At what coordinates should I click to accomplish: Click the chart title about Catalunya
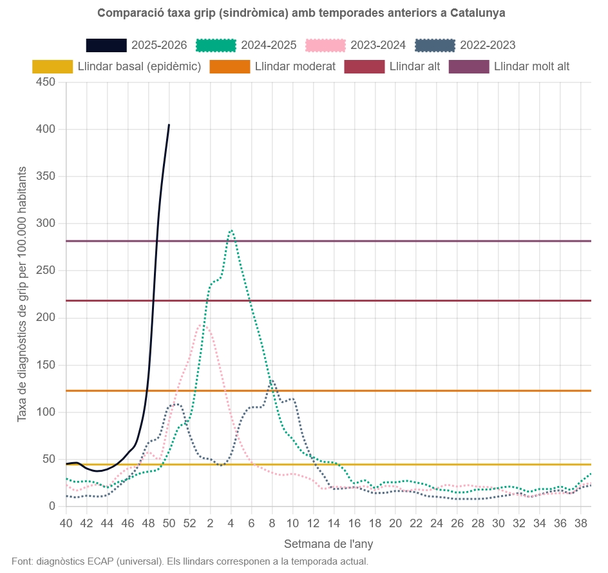[x=301, y=13]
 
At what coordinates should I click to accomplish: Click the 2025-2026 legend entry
[x=137, y=45]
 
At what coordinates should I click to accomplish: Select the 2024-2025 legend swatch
[x=216, y=45]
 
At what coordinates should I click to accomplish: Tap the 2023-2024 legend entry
[x=356, y=45]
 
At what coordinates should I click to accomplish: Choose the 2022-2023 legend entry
[x=466, y=45]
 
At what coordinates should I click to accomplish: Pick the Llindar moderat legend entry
[x=272, y=66]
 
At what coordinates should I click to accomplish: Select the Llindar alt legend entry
[x=392, y=66]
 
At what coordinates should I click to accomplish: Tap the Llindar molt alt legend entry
[x=509, y=66]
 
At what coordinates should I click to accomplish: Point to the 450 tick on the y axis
[x=46, y=82]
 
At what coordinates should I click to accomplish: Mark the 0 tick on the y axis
[x=52, y=506]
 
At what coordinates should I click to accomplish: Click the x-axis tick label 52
[x=189, y=522]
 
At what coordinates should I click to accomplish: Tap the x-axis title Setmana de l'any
[x=328, y=544]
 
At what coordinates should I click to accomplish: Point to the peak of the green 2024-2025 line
[x=231, y=230]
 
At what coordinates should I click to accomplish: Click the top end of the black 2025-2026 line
[x=169, y=124]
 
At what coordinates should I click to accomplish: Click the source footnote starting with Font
[x=190, y=561]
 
